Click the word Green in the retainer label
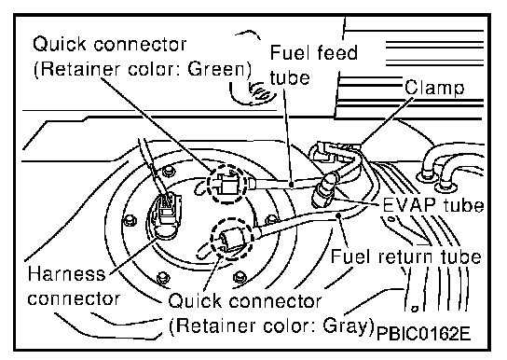[x=217, y=69]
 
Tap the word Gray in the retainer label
[x=346, y=325]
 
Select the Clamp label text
[x=434, y=88]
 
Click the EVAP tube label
[x=433, y=205]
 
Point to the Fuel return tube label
[x=405, y=256]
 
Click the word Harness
[x=66, y=273]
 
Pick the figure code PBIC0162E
[x=423, y=334]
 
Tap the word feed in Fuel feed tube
[x=337, y=52]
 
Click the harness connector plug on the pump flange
[x=167, y=214]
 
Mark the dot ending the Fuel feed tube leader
[x=292, y=185]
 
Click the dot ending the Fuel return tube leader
[x=338, y=215]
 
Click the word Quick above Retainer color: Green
[x=60, y=45]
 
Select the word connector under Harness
[x=74, y=298]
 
